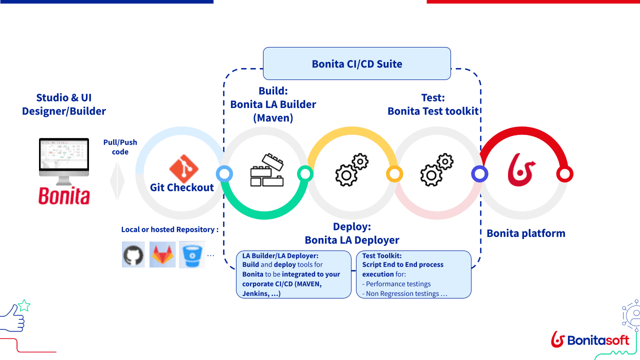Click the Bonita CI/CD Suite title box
pyautogui.click(x=356, y=63)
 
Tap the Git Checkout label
pyautogui.click(x=182, y=187)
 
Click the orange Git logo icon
pyautogui.click(x=183, y=168)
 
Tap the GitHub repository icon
pyautogui.click(x=133, y=254)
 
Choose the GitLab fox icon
pyautogui.click(x=162, y=254)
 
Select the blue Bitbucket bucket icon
pyautogui.click(x=191, y=254)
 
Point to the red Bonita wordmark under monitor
pyautogui.click(x=64, y=195)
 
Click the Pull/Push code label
pyautogui.click(x=120, y=147)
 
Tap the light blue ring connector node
pyautogui.click(x=224, y=174)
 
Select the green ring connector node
pyautogui.click(x=305, y=173)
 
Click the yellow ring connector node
pyautogui.click(x=394, y=174)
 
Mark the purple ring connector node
pyautogui.click(x=479, y=174)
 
